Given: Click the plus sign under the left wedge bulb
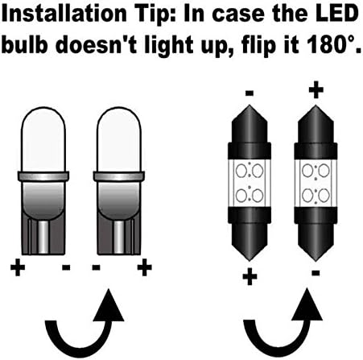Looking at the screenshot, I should click(x=18, y=267).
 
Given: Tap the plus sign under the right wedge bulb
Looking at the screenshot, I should click(x=144, y=267).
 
